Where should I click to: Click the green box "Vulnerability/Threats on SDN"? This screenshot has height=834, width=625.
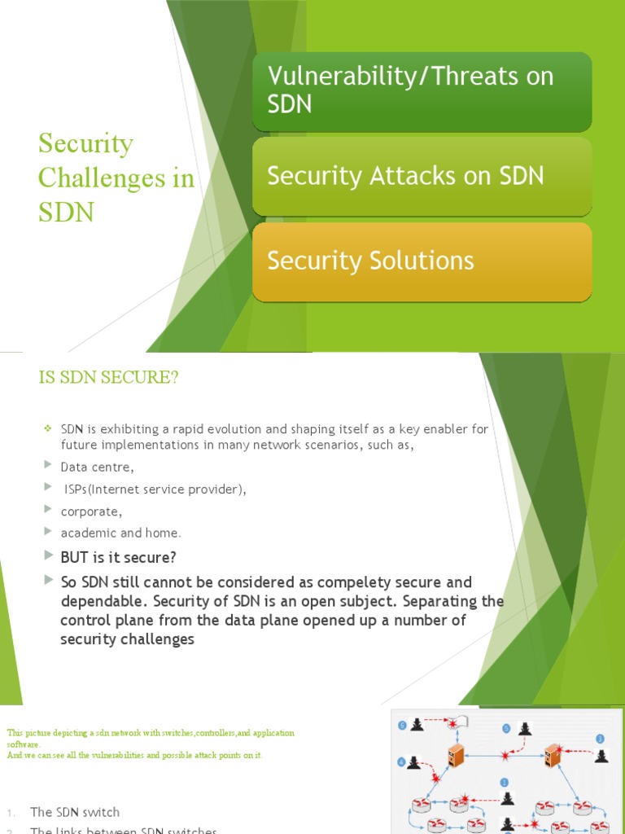pos(422,90)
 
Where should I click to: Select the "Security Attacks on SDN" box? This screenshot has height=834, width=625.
pos(422,176)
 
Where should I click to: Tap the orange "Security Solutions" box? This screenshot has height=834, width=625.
pos(422,261)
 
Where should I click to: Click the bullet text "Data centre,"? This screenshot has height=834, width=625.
pos(97,467)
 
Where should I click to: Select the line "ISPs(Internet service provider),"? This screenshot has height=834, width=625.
pos(155,489)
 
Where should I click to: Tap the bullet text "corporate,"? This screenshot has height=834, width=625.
pos(91,511)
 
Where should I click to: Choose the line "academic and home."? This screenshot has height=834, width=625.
pos(120,533)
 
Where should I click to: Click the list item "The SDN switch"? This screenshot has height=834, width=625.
pos(75,812)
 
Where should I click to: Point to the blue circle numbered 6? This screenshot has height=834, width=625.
pos(402,725)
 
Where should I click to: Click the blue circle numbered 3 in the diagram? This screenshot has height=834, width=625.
pos(601,738)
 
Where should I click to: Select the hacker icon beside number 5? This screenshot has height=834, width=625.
pos(525,729)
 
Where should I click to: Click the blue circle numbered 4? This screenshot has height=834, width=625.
pos(401,762)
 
